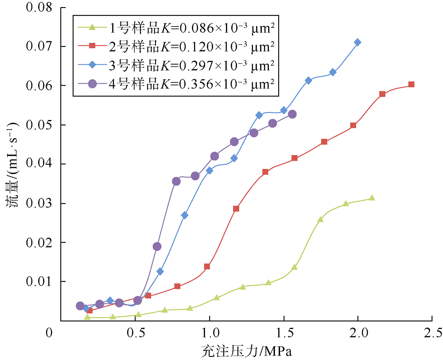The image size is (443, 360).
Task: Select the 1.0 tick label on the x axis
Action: pyautogui.click(x=209, y=332)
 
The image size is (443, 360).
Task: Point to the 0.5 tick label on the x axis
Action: pyautogui.click(x=134, y=332)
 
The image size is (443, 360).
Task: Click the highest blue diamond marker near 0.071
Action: pyautogui.click(x=358, y=42)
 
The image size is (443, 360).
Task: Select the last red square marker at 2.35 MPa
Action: pyautogui.click(x=411, y=84)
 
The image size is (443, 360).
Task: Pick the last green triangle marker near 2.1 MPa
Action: pyautogui.click(x=372, y=198)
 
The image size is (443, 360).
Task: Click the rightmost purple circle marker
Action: pyautogui.click(x=292, y=114)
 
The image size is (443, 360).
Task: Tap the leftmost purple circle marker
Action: pyautogui.click(x=80, y=306)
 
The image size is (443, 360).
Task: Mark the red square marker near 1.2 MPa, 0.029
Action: pyautogui.click(x=236, y=209)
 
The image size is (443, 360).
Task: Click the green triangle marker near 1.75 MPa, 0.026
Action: pyautogui.click(x=320, y=219)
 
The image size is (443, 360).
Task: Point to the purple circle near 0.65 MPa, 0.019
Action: pyautogui.click(x=157, y=246)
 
